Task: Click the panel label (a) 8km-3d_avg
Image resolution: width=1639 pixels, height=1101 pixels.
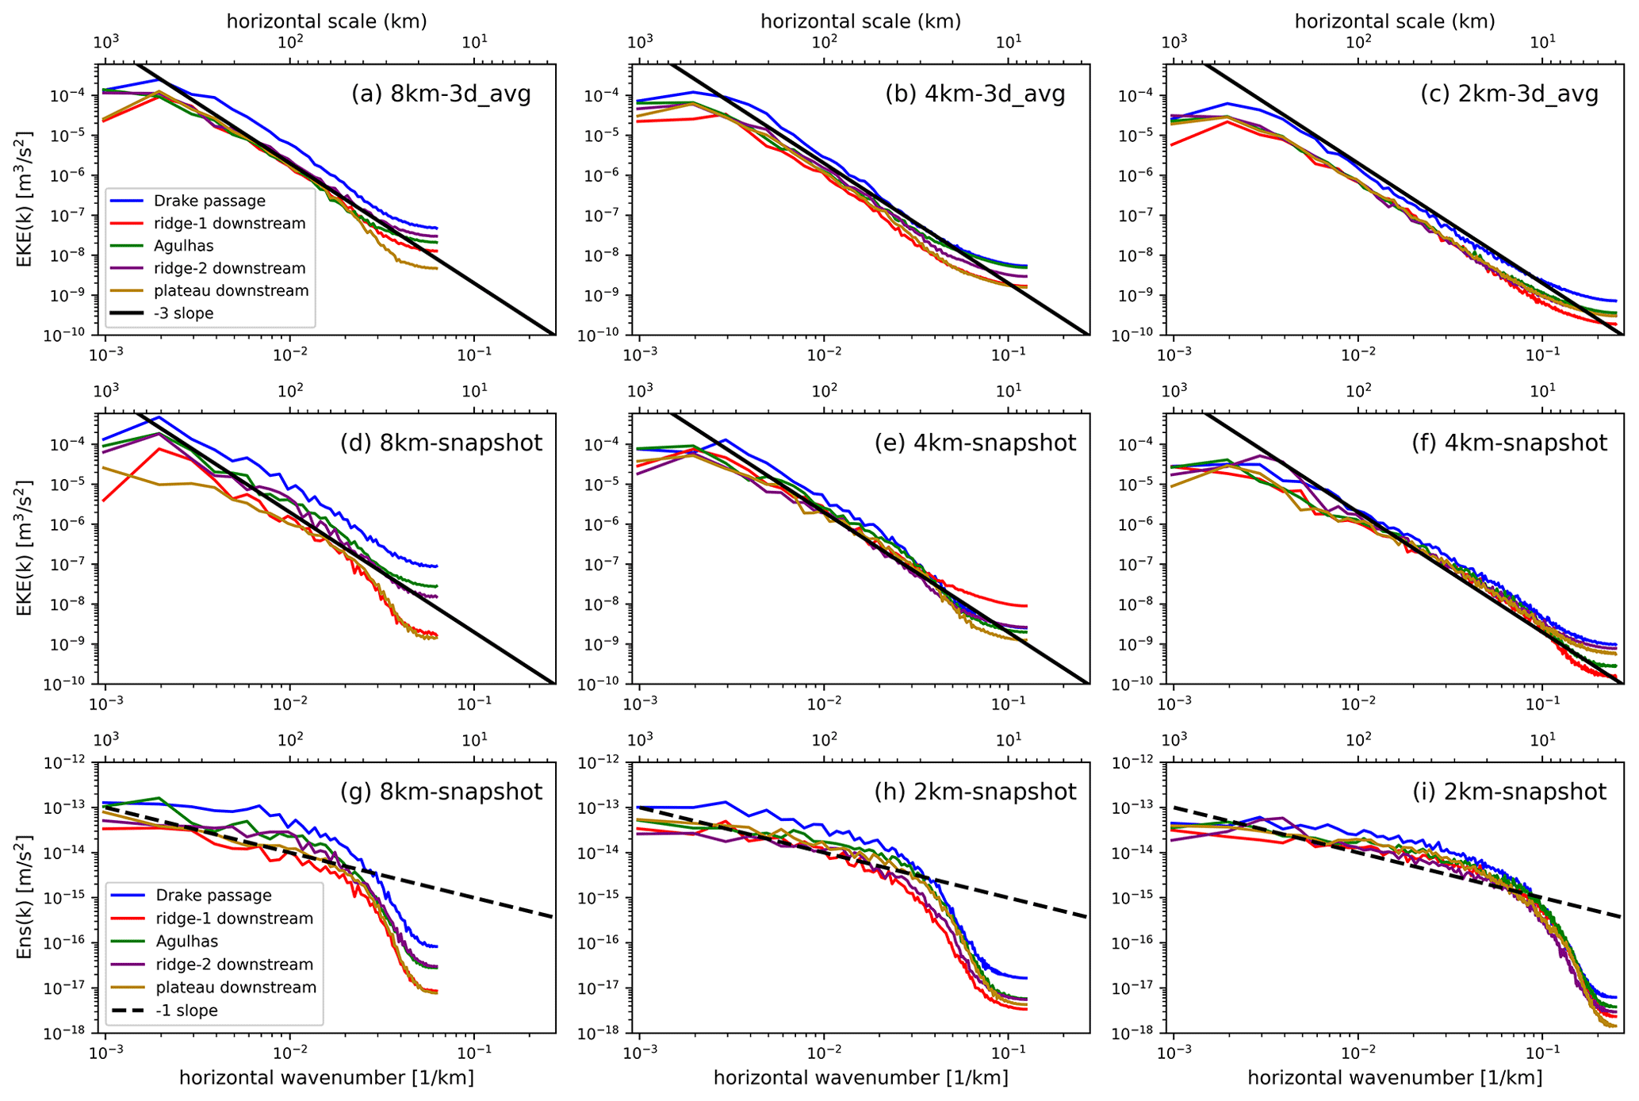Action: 441,94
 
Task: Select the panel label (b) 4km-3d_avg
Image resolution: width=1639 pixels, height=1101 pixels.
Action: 975,94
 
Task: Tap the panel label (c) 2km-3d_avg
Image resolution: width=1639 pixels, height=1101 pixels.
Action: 1509,94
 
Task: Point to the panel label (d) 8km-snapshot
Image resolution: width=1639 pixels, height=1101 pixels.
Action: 441,443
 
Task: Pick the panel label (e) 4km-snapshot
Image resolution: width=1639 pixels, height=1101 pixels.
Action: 975,443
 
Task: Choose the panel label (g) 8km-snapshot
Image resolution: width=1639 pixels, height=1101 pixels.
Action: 441,792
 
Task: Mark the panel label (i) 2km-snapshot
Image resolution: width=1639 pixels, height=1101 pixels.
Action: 1509,792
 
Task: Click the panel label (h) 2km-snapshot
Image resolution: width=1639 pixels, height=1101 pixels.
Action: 975,792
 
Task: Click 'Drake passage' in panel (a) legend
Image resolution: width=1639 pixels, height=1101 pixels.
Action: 209,201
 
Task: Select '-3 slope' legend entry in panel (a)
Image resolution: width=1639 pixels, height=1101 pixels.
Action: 183,313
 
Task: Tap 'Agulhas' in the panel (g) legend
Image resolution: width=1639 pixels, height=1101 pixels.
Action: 186,942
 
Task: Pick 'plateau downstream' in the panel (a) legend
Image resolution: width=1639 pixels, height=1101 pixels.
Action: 231,291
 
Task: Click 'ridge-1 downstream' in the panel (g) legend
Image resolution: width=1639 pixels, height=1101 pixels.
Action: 235,919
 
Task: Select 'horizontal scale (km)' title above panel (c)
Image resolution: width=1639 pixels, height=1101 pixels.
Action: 1395,21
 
